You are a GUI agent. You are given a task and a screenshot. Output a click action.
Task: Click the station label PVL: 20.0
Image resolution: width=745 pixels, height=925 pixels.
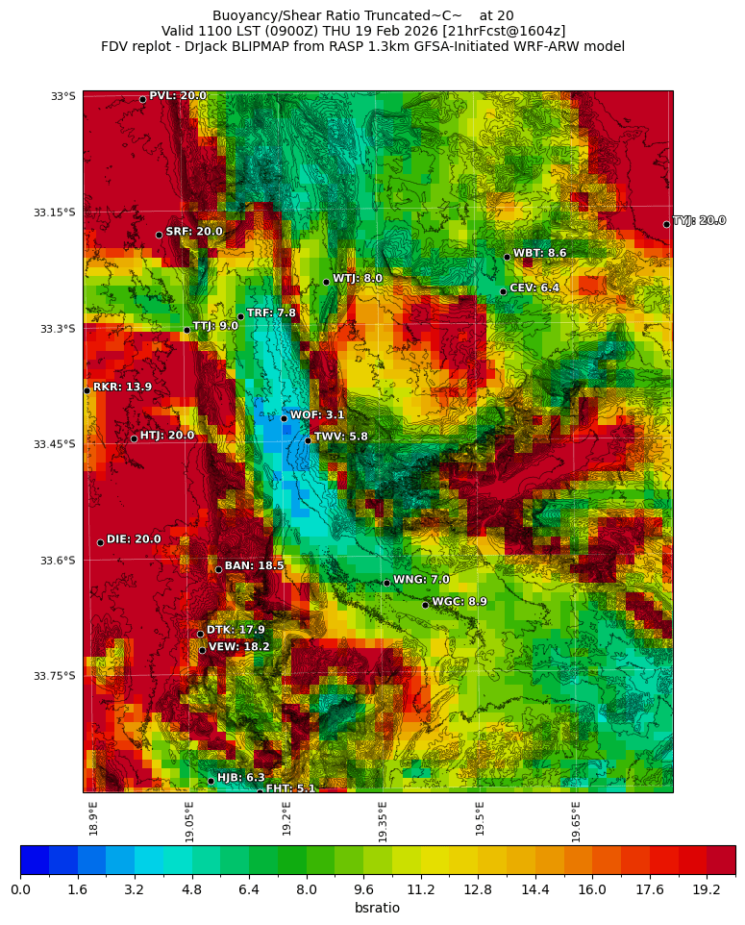[x=177, y=96]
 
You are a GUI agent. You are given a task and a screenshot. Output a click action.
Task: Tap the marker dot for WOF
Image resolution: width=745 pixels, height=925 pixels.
[x=284, y=418]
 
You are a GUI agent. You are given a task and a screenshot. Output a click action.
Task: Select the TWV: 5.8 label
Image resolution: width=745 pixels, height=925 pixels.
[x=340, y=437]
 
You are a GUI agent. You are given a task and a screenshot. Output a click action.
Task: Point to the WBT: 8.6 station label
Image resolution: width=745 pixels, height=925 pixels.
[x=539, y=254]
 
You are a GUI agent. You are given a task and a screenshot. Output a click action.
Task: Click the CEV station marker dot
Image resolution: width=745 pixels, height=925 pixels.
[x=503, y=291]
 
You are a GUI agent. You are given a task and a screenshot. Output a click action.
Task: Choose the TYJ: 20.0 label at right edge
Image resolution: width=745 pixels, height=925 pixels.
[x=699, y=221]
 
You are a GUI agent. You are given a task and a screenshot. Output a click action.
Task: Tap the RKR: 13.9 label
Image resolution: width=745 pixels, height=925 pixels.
[x=122, y=387]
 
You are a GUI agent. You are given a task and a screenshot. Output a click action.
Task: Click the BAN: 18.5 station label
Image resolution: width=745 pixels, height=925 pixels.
[x=254, y=566]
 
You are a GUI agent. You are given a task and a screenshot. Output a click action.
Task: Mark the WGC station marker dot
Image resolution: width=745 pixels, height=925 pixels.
[x=425, y=605]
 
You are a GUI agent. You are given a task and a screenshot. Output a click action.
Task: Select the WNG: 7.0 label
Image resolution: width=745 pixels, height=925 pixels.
[x=421, y=580]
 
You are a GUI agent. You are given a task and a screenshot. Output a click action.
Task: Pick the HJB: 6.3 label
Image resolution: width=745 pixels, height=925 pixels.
[x=240, y=778]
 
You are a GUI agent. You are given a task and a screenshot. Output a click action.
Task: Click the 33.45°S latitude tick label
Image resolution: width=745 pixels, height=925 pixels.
[x=54, y=444]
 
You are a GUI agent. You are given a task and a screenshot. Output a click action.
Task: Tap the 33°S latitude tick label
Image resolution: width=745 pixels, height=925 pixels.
[x=62, y=96]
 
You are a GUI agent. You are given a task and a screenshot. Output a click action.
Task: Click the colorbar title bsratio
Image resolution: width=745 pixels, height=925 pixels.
[x=377, y=909]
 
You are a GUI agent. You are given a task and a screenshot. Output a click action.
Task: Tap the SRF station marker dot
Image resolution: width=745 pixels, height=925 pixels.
[x=159, y=235]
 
